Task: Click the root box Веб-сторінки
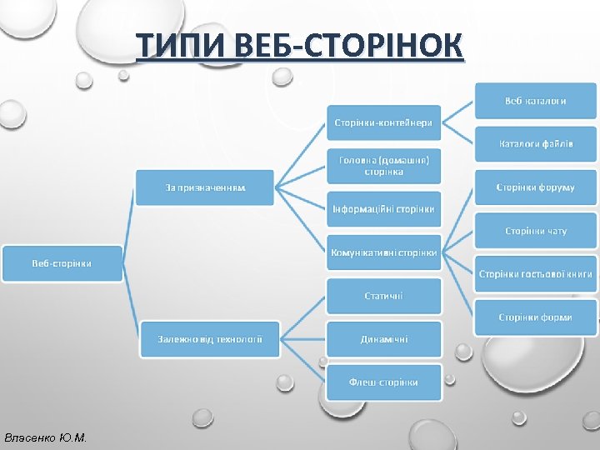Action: pyautogui.click(x=62, y=263)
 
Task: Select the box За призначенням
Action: pyautogui.click(x=205, y=188)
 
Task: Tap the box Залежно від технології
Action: pyautogui.click(x=210, y=339)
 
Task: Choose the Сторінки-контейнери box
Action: pyautogui.click(x=383, y=122)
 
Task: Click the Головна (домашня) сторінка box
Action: pyautogui.click(x=383, y=165)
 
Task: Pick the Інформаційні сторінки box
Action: pyautogui.click(x=383, y=209)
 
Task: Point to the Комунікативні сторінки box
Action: pyautogui.click(x=383, y=252)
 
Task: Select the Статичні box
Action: pyautogui.click(x=383, y=296)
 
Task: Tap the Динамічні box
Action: pyautogui.click(x=383, y=339)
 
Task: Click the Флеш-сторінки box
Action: pyautogui.click(x=383, y=382)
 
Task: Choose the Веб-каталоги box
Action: pyautogui.click(x=536, y=101)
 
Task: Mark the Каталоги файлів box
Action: pyautogui.click(x=536, y=144)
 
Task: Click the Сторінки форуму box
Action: pyautogui.click(x=536, y=187)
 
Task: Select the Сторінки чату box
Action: pyautogui.click(x=536, y=231)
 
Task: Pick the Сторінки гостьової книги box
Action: pyautogui.click(x=536, y=274)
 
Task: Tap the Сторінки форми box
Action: pyautogui.click(x=536, y=317)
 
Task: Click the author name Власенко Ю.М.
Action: pyautogui.click(x=45, y=437)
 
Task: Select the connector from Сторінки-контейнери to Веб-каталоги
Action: pyautogui.click(x=457, y=112)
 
